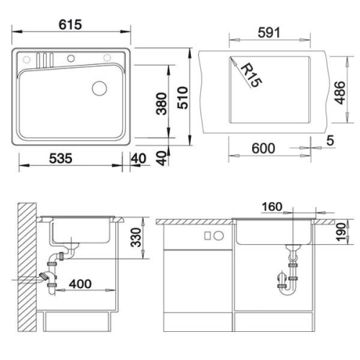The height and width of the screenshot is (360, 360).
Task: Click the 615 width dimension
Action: tap(71, 24)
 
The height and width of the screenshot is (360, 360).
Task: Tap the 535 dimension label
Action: tap(60, 158)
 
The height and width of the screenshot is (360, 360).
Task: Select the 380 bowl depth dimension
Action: tap(161, 104)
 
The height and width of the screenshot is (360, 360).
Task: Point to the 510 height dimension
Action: tap(183, 98)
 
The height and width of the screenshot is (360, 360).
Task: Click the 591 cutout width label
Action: tap(269, 32)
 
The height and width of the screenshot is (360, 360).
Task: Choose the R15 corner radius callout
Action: tap(251, 75)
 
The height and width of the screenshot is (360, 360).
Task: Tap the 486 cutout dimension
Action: tap(340, 93)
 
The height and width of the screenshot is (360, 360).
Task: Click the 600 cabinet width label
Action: tap(264, 148)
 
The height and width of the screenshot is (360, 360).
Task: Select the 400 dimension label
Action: tap(80, 284)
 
